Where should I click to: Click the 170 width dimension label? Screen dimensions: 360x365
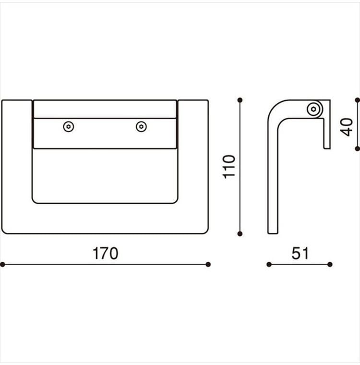tap(106, 254)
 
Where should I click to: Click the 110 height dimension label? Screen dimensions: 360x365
tap(229, 167)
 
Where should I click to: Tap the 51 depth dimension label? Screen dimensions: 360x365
tap(300, 254)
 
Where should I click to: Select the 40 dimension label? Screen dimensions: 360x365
tap(346, 127)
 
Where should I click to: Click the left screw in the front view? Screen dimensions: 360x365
tap(69, 127)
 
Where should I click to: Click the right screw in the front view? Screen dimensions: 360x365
tap(141, 127)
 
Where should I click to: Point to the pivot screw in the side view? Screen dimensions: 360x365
tap(313, 109)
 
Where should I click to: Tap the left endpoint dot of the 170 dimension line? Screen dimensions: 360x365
tap(2, 265)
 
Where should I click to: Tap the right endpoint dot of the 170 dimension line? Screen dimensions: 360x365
tap(208, 265)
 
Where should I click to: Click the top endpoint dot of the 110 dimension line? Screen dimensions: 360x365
tap(240, 100)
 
